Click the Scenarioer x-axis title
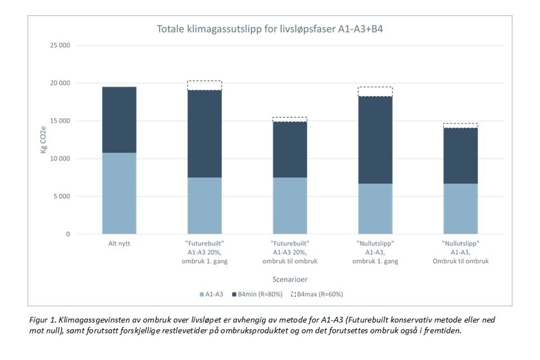pyautogui.click(x=290, y=279)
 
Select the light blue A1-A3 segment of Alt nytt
pyautogui.click(x=119, y=193)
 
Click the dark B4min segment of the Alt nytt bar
pyautogui.click(x=119, y=120)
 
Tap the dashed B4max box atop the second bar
pyautogui.click(x=204, y=85)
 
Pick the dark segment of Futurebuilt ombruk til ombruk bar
pyautogui.click(x=290, y=150)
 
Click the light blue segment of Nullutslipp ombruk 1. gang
pyautogui.click(x=375, y=209)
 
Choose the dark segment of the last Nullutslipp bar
pyautogui.click(x=460, y=156)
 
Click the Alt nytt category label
pyautogui.click(x=119, y=245)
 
